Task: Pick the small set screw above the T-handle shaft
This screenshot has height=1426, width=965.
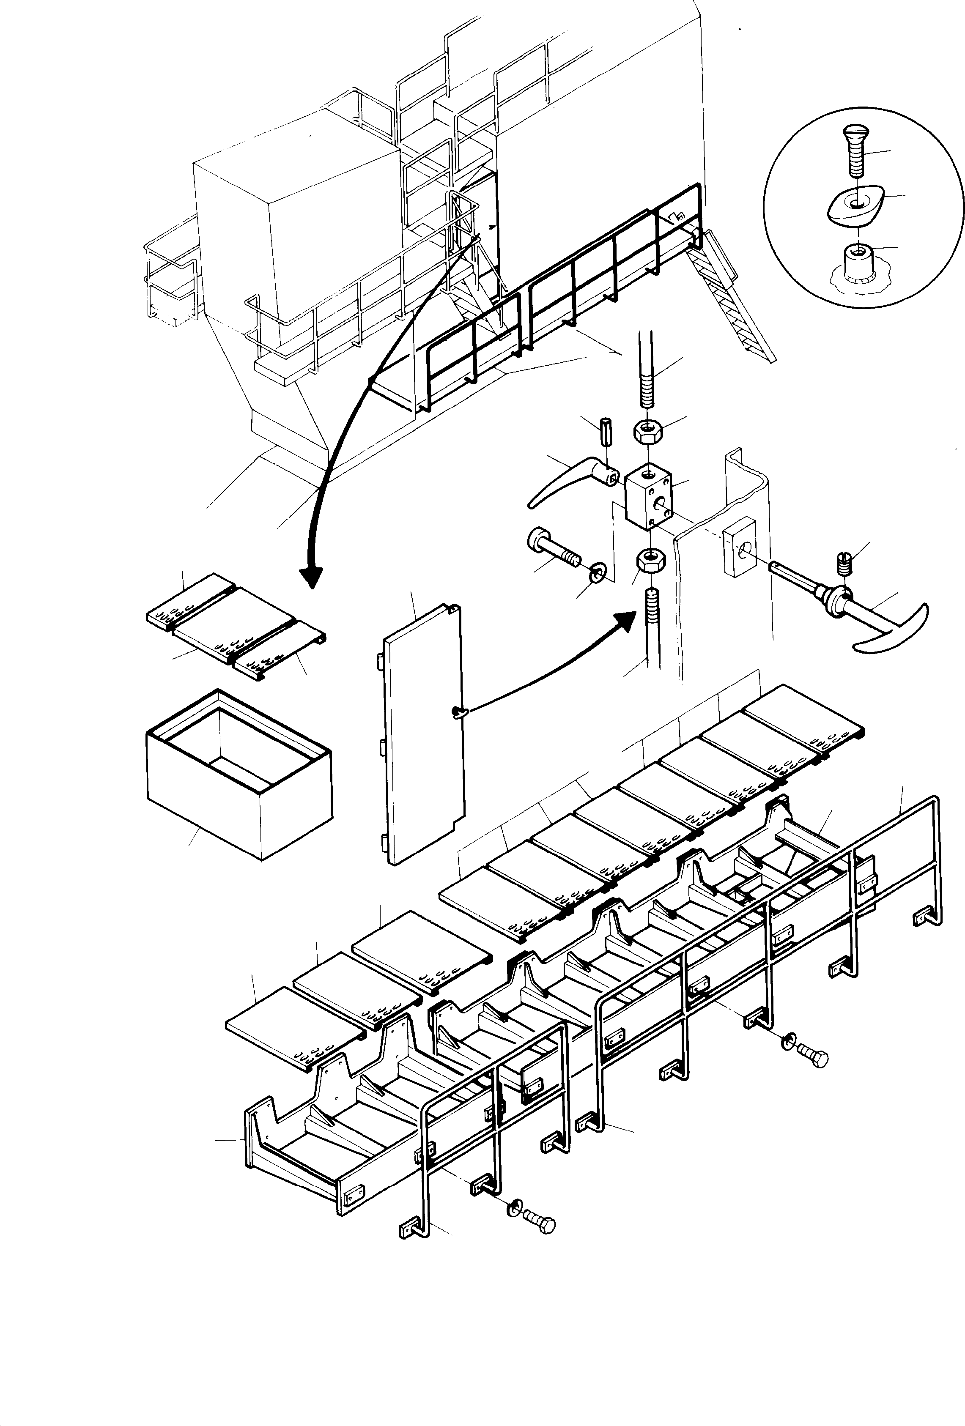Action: point(844,561)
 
